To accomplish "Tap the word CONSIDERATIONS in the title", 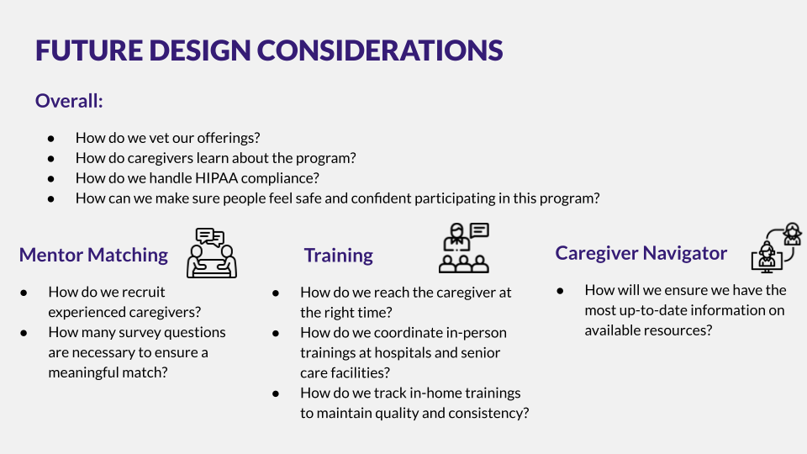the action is coord(380,50).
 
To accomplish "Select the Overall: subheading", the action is coord(69,101).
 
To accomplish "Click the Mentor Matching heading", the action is coord(93,255).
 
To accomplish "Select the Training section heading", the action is coord(338,256).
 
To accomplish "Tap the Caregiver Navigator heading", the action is coord(641,253).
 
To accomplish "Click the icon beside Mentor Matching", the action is coord(212,253).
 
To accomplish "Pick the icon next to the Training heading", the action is coord(464,247).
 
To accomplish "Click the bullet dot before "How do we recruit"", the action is coord(24,293).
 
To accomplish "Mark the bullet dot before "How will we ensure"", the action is coord(560,291).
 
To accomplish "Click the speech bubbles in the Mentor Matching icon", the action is coord(209,236).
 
